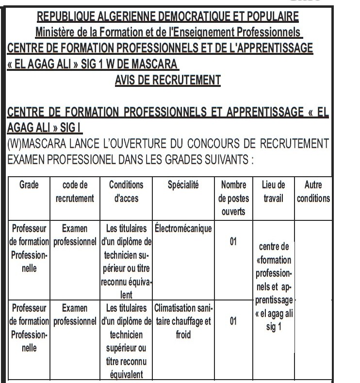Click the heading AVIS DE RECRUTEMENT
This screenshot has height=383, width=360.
[167, 80]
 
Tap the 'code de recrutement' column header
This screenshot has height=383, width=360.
[75, 192]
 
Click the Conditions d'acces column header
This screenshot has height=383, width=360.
[126, 192]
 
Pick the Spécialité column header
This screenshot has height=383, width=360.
[183, 185]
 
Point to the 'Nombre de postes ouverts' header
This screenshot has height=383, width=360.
[233, 198]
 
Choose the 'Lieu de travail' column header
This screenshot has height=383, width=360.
[273, 192]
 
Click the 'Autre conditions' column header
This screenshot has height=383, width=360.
[313, 192]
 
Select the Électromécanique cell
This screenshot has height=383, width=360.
[183, 228]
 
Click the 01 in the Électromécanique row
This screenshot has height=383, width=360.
[233, 241]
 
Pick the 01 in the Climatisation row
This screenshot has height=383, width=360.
[233, 321]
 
